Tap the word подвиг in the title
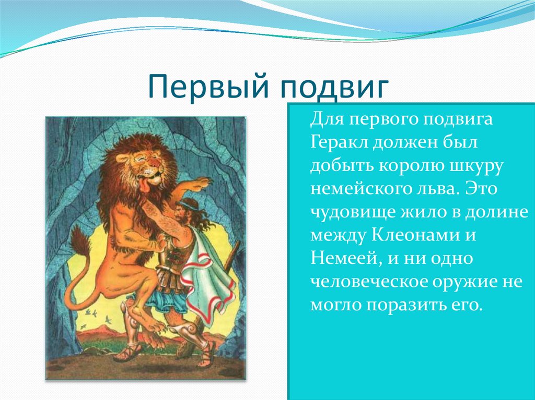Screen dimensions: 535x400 tap(335, 88)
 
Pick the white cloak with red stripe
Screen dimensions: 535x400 tap(207, 276)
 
